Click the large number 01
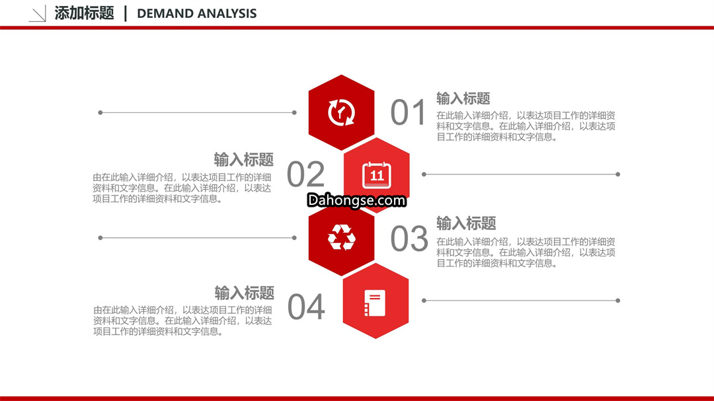408,112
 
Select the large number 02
305,174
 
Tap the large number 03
409,238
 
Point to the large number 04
306,307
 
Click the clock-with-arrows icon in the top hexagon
342,112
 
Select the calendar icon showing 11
377,175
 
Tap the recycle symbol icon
342,237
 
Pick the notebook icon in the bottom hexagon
375,303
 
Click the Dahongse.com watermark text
356,200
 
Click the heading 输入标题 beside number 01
463,98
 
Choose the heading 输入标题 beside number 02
243,160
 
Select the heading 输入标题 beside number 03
466,223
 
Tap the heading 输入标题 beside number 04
245,293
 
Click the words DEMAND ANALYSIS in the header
197,14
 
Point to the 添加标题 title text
84,13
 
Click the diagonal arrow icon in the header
37,14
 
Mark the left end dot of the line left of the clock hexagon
100,112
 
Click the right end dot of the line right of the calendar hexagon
618,174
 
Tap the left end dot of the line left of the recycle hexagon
100,238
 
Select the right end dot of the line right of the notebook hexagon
618,301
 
